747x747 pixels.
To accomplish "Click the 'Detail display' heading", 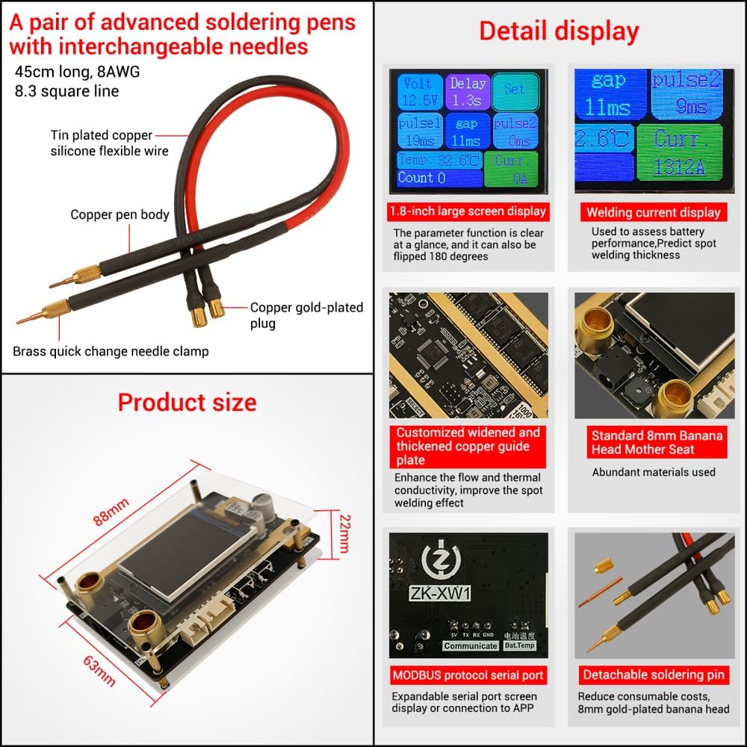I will pyautogui.click(x=559, y=31).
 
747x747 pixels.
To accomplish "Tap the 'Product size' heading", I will pyautogui.click(x=187, y=403).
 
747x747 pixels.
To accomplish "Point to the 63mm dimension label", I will pyautogui.click(x=99, y=669).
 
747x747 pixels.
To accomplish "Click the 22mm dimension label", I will pyautogui.click(x=343, y=533).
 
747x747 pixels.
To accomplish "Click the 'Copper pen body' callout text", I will pyautogui.click(x=120, y=215).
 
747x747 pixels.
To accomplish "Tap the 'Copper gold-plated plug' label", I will pyautogui.click(x=306, y=315).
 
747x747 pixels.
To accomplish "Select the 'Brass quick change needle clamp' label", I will pyautogui.click(x=111, y=351).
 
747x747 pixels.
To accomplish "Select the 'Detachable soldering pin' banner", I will pyautogui.click(x=654, y=675).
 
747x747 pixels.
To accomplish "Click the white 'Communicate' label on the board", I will pyautogui.click(x=470, y=646).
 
